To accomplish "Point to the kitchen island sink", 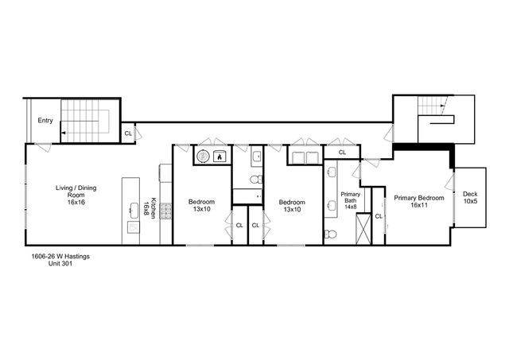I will pyautogui.click(x=134, y=210).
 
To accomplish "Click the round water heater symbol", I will pyautogui.click(x=203, y=157).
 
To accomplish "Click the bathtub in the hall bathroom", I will pyautogui.click(x=247, y=196).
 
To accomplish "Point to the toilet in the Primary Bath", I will pyautogui.click(x=331, y=234).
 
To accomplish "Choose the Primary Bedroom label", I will pyautogui.click(x=418, y=201).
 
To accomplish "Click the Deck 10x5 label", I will pyautogui.click(x=471, y=197).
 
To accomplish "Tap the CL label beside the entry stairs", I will pyautogui.click(x=128, y=134).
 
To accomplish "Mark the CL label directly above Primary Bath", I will pyautogui.click(x=342, y=151).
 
